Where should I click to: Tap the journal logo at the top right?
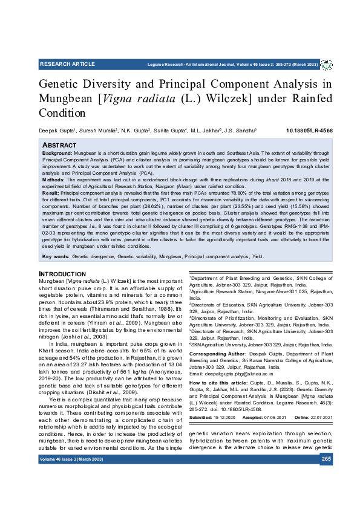click(326, 64)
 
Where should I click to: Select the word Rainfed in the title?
click(308, 98)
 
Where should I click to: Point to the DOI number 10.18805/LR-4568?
click(309, 131)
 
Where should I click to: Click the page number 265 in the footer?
click(326, 459)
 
